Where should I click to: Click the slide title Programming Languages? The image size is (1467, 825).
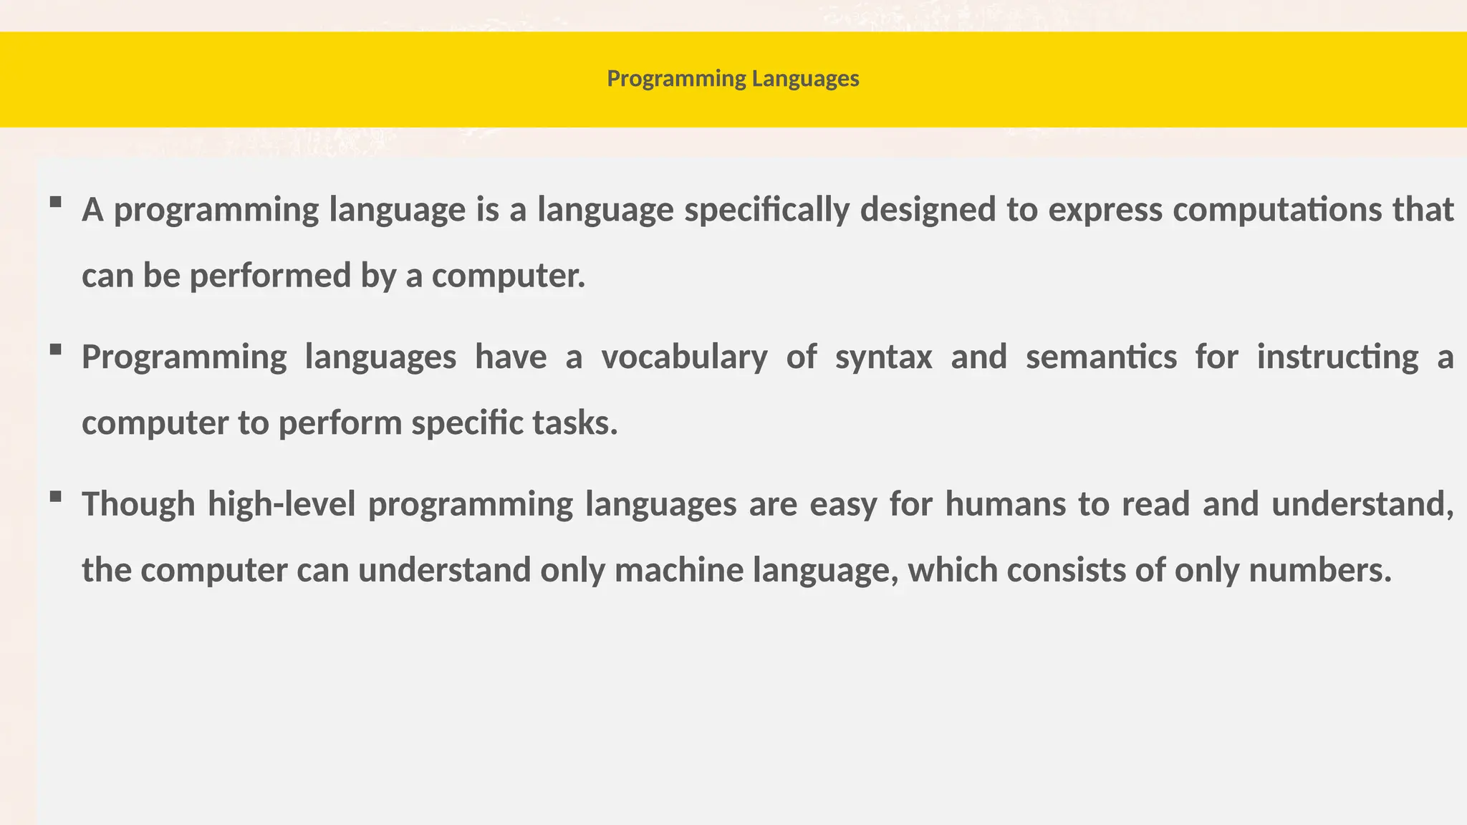733,78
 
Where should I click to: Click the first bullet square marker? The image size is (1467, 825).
55,203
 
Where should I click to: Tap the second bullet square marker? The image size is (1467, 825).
55,349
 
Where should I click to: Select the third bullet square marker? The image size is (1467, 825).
55,496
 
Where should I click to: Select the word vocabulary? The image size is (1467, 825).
684,357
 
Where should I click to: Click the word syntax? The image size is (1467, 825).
883,357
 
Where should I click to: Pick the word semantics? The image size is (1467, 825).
1101,357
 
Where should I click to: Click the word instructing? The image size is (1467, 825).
1337,357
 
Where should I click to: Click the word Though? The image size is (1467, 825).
138,504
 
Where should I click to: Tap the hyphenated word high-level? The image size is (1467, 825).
282,504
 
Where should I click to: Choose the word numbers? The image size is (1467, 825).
1319,571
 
